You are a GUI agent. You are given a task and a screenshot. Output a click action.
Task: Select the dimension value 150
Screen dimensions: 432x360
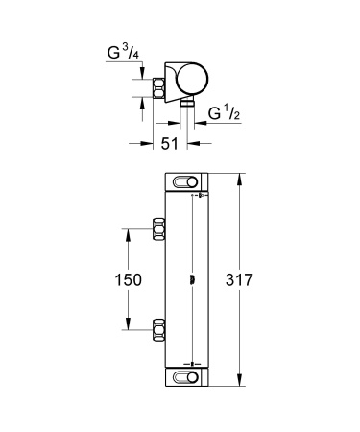127,279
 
